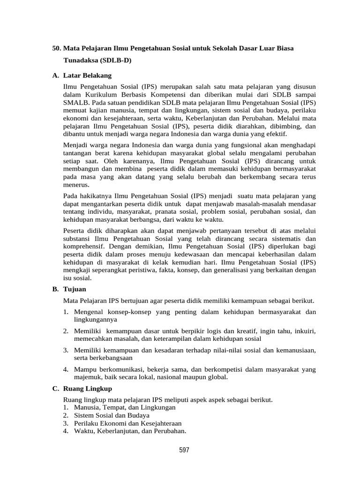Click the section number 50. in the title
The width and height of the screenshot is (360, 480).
pos(57,48)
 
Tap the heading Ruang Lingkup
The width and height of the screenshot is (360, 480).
pos(87,389)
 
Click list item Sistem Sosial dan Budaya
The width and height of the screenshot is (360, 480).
pos(112,415)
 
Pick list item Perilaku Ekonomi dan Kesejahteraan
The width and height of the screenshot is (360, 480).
pos(127,423)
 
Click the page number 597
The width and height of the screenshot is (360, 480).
pos(184,450)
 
